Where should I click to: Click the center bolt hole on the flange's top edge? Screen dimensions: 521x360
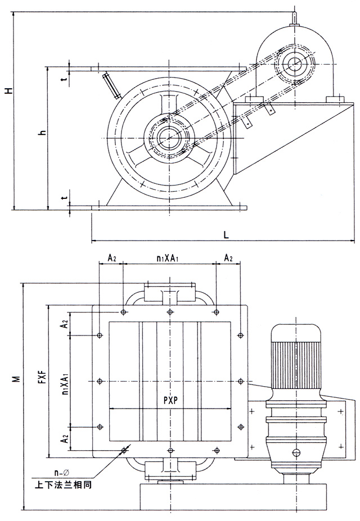[x=170, y=312]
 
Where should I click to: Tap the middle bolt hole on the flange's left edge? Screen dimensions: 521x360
[x=100, y=381]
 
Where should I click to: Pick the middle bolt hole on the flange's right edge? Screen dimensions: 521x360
[x=241, y=381]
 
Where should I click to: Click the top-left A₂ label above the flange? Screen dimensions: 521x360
[x=111, y=258]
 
